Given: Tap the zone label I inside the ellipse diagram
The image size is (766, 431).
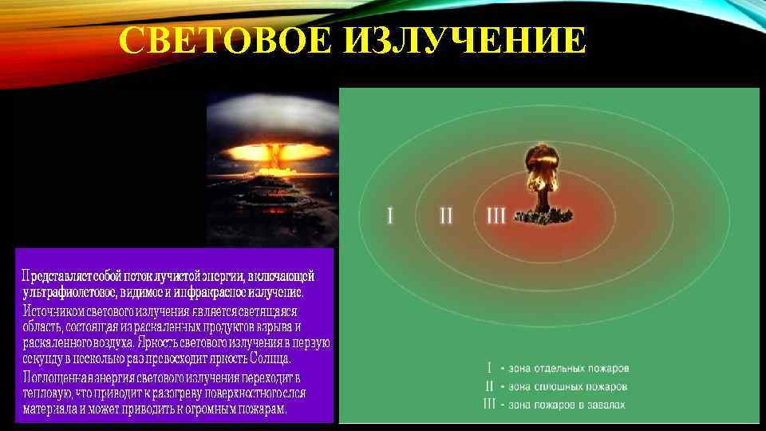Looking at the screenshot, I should pos(389,215).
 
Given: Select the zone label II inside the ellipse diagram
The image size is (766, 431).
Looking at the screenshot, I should pos(446,215).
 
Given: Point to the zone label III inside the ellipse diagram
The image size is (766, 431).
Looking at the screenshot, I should pos(496,215).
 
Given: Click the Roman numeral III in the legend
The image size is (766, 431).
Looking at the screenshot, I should pos(490,405).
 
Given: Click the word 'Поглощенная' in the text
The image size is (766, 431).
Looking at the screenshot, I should pos(59,377).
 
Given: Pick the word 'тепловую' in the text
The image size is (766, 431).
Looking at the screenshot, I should pos(46,393).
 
